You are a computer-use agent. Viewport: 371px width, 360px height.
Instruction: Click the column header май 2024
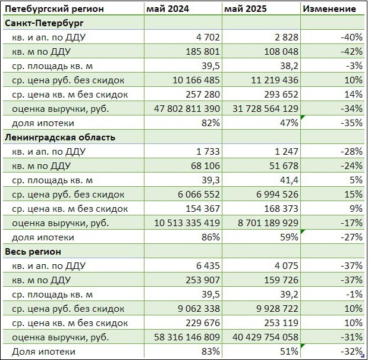tap(168, 8)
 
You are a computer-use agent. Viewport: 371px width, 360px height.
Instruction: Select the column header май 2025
tap(246, 8)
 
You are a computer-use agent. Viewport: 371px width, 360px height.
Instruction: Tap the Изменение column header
tap(329, 8)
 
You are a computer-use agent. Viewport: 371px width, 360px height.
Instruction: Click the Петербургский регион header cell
tap(54, 8)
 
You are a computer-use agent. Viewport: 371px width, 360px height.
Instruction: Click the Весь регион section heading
tap(35, 251)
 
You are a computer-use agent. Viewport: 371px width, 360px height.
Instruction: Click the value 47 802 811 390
tap(183, 108)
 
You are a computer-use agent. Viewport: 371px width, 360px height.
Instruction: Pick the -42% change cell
tap(351, 51)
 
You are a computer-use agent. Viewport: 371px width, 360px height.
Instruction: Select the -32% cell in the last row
tap(351, 351)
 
